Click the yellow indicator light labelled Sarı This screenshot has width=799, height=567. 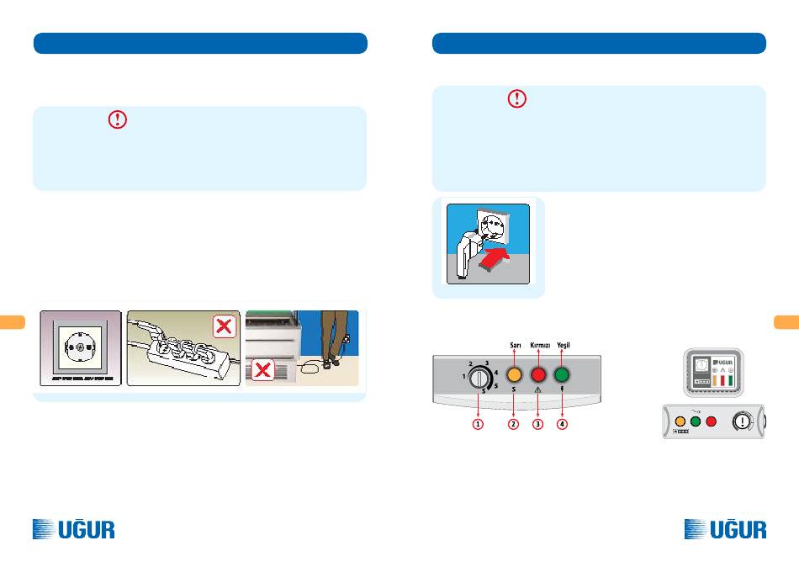pos(514,375)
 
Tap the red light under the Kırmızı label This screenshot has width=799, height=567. pos(538,375)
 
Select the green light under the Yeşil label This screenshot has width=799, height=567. pos(562,375)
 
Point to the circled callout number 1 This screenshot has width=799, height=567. pos(478,424)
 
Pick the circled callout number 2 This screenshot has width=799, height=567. pos(513,424)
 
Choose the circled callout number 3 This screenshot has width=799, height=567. pos(538,424)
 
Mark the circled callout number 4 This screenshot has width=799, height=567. pos(562,424)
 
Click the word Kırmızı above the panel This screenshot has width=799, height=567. pos(538,346)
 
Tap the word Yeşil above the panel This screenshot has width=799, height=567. pos(564,346)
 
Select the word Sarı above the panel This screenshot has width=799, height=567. pos(515,346)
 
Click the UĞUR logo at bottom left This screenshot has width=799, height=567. pos(73,529)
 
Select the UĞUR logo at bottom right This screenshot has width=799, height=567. pos(726,529)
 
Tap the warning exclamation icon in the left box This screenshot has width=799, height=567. pos(118,119)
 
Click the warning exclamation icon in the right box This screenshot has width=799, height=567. pos(516,99)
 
